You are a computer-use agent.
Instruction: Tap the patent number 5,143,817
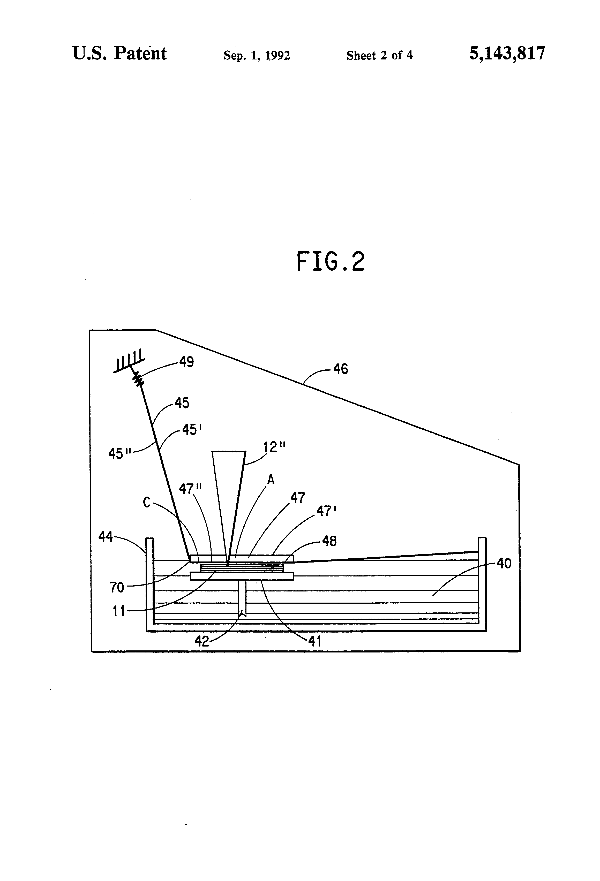click(x=507, y=54)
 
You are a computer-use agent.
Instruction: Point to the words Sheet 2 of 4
click(x=379, y=56)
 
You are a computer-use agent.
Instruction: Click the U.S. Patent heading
click(x=119, y=54)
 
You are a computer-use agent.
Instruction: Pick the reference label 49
click(x=186, y=362)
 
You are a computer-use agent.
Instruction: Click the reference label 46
click(x=341, y=369)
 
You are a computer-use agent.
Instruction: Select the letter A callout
click(x=271, y=480)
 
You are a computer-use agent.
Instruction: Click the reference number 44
click(x=106, y=536)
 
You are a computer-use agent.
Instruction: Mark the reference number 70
click(x=117, y=587)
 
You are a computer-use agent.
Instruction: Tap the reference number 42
click(x=201, y=641)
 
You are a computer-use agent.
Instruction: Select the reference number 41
click(x=315, y=641)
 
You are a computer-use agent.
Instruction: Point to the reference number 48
click(x=329, y=541)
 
